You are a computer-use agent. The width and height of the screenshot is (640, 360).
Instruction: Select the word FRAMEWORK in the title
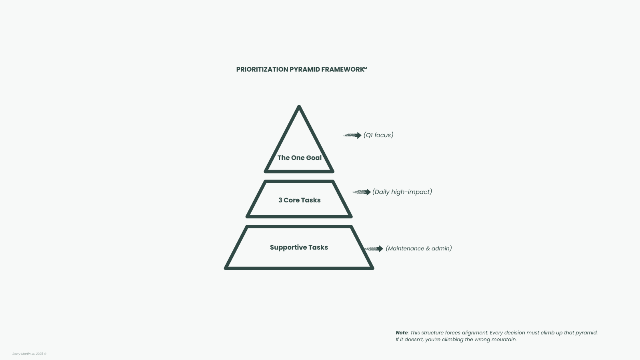[342, 70]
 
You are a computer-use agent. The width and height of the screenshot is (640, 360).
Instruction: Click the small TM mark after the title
[365, 68]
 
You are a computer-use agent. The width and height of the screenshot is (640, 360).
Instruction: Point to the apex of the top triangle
[299, 107]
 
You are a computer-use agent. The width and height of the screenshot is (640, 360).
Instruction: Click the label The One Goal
[299, 158]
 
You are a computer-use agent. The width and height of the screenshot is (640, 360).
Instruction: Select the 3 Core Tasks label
[299, 200]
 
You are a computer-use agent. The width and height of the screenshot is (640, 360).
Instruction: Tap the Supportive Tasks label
[299, 248]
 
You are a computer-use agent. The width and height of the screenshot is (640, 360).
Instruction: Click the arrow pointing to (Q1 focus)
[352, 136]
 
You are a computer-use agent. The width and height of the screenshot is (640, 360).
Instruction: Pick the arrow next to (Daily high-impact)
[362, 192]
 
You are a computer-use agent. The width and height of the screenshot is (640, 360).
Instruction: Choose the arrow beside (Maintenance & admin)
[374, 249]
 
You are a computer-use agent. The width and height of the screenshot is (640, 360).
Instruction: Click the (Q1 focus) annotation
[378, 135]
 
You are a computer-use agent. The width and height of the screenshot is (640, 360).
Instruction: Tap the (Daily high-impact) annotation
[402, 192]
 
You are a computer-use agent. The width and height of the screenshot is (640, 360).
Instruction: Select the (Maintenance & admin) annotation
[418, 248]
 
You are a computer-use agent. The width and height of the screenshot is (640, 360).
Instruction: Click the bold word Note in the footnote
[401, 333]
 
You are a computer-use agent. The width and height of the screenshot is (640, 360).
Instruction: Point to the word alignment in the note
[474, 333]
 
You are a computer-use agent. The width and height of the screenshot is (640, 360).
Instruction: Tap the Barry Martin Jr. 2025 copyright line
[29, 354]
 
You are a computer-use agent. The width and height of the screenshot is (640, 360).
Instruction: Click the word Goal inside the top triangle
[314, 158]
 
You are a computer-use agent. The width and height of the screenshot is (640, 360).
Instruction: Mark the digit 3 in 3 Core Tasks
[280, 200]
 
